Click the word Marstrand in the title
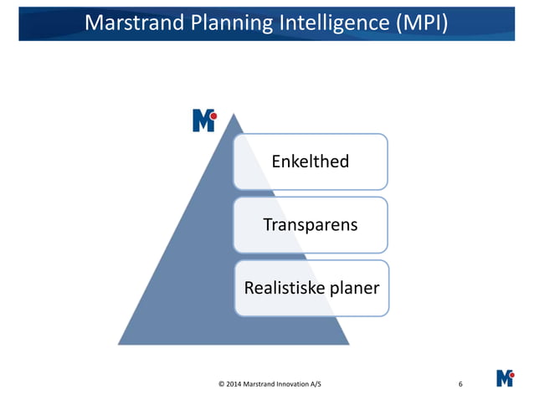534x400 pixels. point(137,23)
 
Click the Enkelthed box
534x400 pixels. point(311,162)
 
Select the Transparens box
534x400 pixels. point(311,225)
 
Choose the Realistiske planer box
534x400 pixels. point(311,288)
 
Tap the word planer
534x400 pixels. point(352,288)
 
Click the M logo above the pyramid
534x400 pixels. point(203,121)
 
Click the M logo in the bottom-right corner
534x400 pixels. point(505,377)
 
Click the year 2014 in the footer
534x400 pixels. point(234,384)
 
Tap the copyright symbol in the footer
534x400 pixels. point(221,384)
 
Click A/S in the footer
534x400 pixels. point(314,384)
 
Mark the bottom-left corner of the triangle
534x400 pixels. point(118,344)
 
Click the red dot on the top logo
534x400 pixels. point(213,115)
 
